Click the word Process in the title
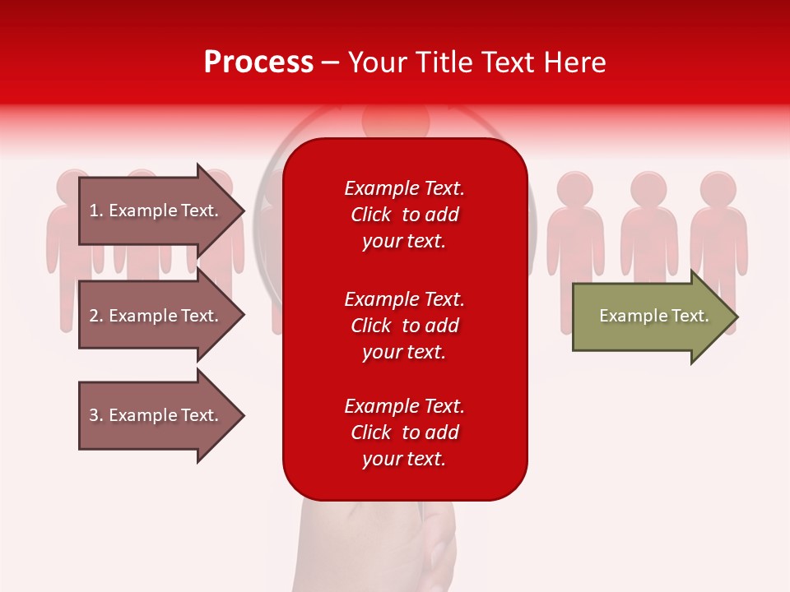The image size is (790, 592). (258, 62)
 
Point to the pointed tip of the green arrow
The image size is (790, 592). (734, 317)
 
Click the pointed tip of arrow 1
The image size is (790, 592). (241, 210)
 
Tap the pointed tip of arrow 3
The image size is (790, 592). (241, 415)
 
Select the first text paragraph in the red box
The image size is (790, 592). (404, 215)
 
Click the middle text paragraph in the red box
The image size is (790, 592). (404, 326)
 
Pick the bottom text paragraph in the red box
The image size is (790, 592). (404, 432)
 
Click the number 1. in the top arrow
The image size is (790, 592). (96, 210)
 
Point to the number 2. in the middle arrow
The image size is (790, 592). (96, 316)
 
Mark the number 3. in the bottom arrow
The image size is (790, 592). (96, 415)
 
